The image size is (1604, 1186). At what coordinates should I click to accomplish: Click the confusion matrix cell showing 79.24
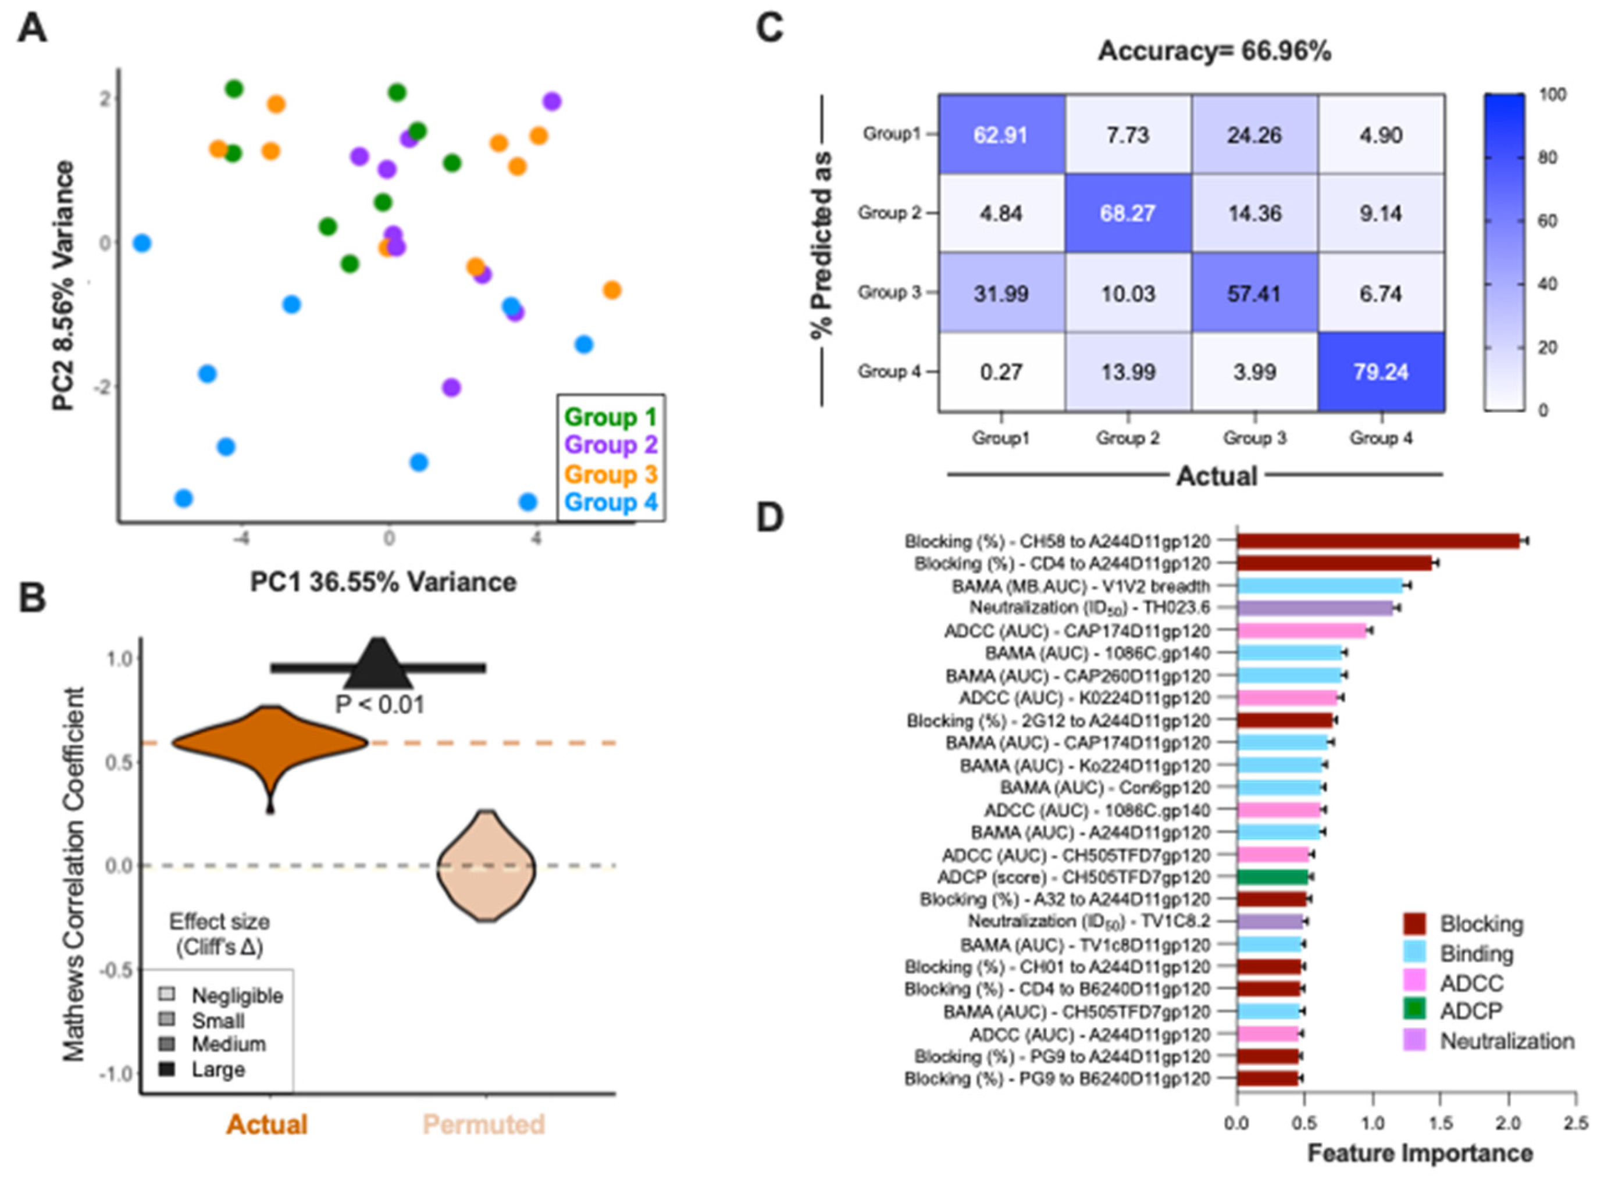tap(1380, 372)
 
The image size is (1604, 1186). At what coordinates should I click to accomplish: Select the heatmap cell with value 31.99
tap(1001, 293)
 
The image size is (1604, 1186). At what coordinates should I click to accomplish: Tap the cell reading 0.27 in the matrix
tap(1001, 372)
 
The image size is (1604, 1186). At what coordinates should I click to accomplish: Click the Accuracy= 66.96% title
tap(1214, 52)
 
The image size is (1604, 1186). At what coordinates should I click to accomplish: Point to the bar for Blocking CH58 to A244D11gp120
tap(1377, 541)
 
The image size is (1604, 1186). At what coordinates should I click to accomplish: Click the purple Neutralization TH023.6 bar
tap(1314, 608)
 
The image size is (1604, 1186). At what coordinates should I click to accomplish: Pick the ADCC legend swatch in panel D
tap(1414, 982)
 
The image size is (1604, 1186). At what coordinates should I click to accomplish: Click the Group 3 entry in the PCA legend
tap(610, 474)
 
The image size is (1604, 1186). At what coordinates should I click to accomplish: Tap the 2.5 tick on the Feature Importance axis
tap(1576, 1123)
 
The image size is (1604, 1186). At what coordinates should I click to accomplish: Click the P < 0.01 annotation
tap(380, 704)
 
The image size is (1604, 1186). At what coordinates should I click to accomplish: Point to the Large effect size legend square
tap(167, 1069)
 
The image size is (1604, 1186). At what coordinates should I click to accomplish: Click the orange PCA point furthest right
tap(612, 290)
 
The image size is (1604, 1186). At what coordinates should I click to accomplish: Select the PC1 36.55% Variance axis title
tap(383, 581)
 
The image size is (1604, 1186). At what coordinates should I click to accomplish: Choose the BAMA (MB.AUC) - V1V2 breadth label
tap(1080, 586)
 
